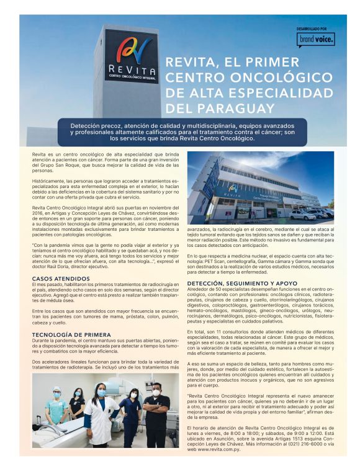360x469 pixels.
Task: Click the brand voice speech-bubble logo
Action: pos(316,38)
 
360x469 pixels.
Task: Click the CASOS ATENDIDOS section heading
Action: pos(60,279)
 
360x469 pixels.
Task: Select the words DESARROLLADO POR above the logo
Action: pos(315,28)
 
